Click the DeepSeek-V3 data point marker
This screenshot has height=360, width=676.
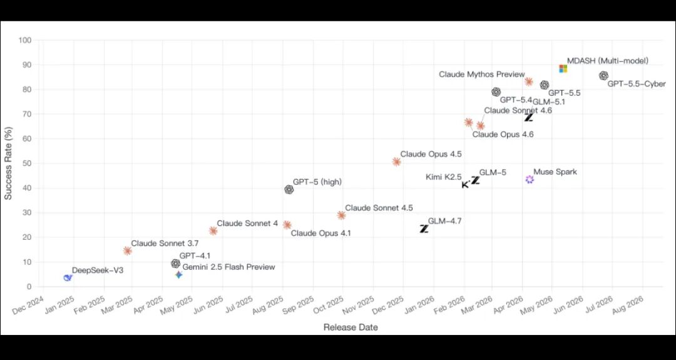[x=67, y=277]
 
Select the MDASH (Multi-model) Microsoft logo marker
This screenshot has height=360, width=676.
[x=563, y=68]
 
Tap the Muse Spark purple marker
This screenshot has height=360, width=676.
[x=530, y=179]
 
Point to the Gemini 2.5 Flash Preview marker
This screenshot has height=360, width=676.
[x=179, y=275]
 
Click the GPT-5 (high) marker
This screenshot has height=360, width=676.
[x=289, y=189]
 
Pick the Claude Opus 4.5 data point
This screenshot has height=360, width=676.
[x=397, y=162]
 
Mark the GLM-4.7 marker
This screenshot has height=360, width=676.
[x=424, y=229]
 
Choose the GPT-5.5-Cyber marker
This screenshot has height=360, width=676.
[x=603, y=76]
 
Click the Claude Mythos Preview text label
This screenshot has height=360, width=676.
[x=482, y=75]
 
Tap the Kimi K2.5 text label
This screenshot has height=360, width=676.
[x=444, y=177]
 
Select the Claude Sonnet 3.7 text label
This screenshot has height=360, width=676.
[x=165, y=243]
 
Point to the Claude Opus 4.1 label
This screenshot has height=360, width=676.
[x=320, y=234]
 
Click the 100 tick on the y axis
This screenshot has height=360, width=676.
[x=25, y=40]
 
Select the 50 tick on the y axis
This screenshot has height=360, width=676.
[x=27, y=163]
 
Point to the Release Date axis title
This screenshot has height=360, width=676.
[x=351, y=327]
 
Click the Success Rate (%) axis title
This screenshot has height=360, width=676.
[x=8, y=163]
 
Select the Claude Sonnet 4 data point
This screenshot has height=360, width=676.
[x=213, y=230]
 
